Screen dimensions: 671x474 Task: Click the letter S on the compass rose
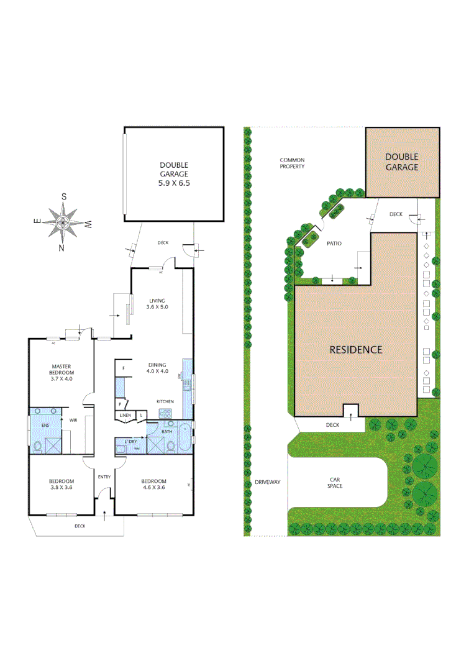pyautogui.click(x=63, y=196)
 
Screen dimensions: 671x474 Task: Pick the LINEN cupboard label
pyautogui.click(x=125, y=415)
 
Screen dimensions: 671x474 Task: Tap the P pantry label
pyautogui.click(x=120, y=404)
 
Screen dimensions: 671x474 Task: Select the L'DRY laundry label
pyautogui.click(x=130, y=441)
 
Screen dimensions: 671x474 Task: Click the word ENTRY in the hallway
pyautogui.click(x=104, y=477)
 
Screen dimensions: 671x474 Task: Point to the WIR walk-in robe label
pyautogui.click(x=73, y=421)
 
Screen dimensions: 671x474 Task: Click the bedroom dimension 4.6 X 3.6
pyautogui.click(x=153, y=488)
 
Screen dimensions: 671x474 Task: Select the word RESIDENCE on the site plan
pyautogui.click(x=355, y=350)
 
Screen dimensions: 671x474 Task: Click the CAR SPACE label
pyautogui.click(x=335, y=482)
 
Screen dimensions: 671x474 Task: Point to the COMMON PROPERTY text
pyautogui.click(x=292, y=163)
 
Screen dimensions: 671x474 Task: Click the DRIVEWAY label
pyautogui.click(x=268, y=482)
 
